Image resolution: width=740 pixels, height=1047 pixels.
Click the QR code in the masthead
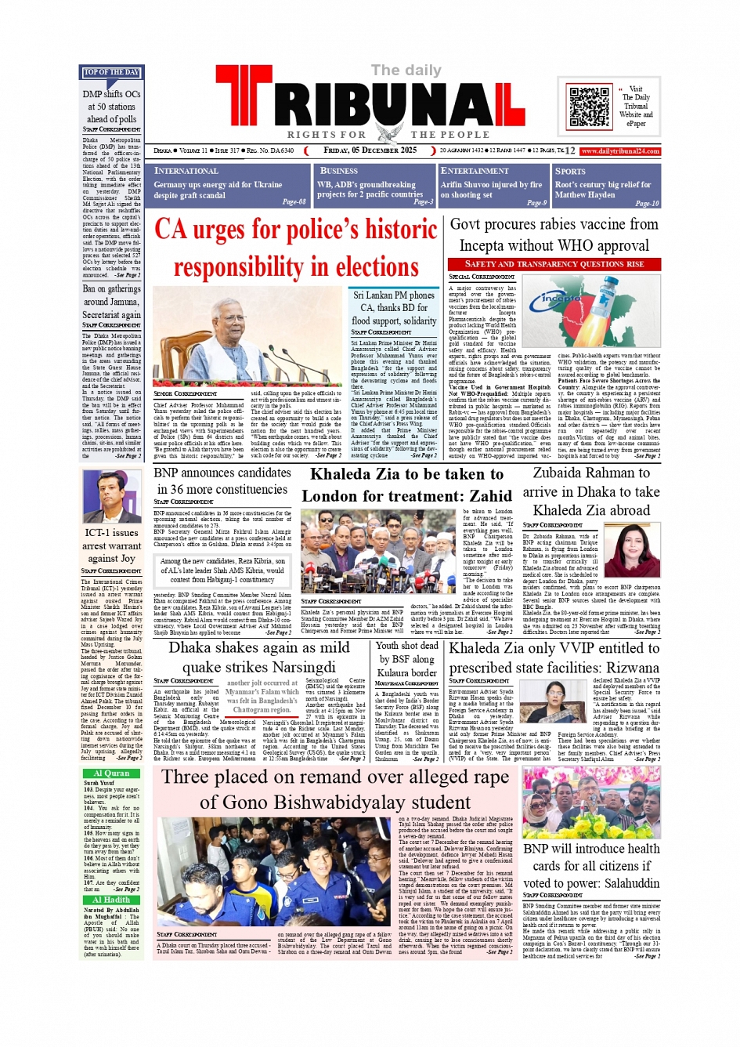590,107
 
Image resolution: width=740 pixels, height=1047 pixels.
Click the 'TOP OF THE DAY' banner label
111,73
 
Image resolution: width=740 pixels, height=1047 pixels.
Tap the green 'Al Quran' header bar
111,773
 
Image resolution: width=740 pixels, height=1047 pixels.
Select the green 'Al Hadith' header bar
111,900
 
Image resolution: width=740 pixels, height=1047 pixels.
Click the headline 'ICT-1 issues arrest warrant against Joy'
111,545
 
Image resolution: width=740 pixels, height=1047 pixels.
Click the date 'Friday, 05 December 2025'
370,150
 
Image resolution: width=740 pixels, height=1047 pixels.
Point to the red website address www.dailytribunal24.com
619,151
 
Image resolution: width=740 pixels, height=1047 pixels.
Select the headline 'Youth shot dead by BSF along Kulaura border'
407,659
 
